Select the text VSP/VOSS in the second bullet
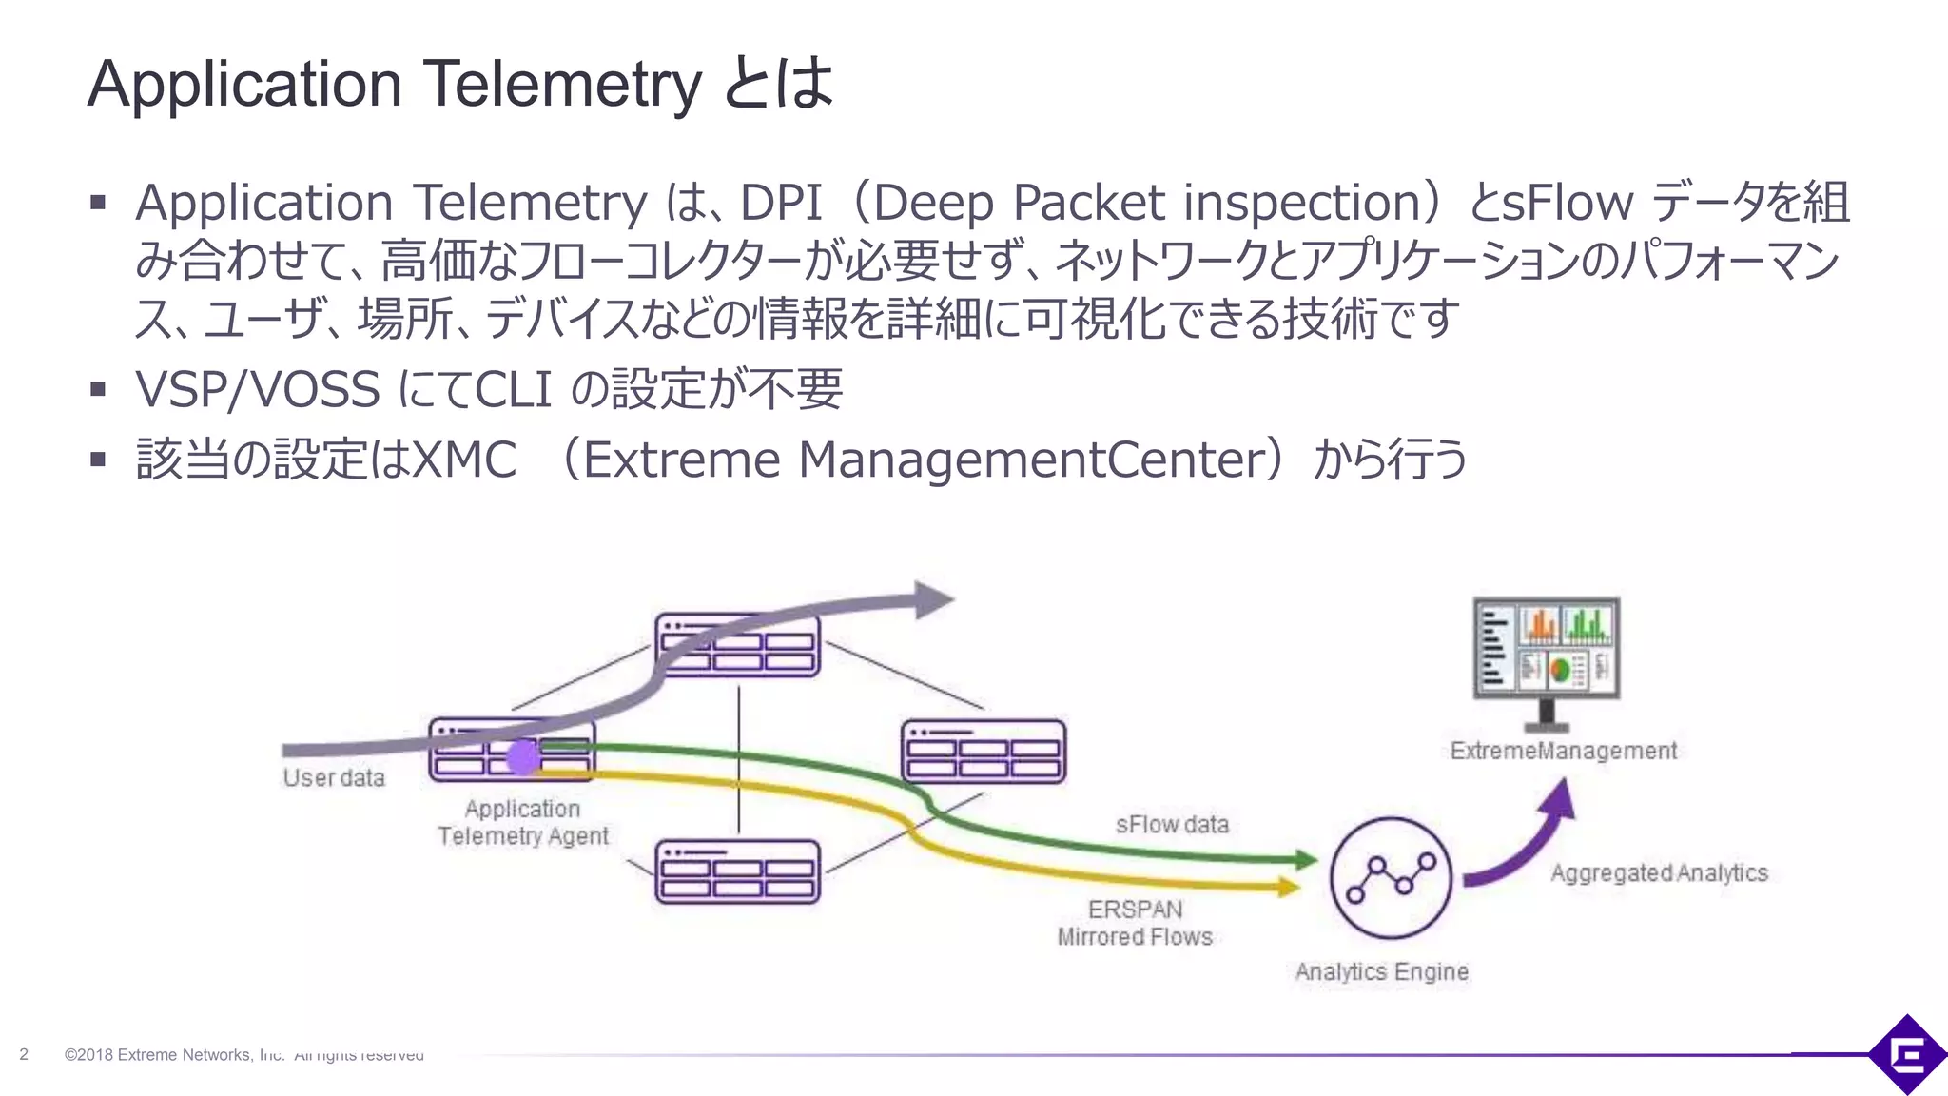[x=258, y=389]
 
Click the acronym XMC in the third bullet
[x=464, y=460]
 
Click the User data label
[x=334, y=778]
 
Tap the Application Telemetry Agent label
[x=522, y=823]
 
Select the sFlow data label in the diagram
[x=1172, y=825]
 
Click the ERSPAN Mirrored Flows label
[x=1135, y=923]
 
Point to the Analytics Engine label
[x=1381, y=972]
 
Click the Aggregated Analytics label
[x=1659, y=873]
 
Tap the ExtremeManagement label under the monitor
[x=1564, y=752]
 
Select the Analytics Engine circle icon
[x=1391, y=878]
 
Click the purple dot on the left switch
[x=523, y=758]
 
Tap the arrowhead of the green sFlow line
[x=1307, y=860]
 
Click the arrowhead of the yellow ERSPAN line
[x=1290, y=888]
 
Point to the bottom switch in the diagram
[x=737, y=871]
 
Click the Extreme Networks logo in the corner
[x=1907, y=1054]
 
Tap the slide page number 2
[x=24, y=1054]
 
